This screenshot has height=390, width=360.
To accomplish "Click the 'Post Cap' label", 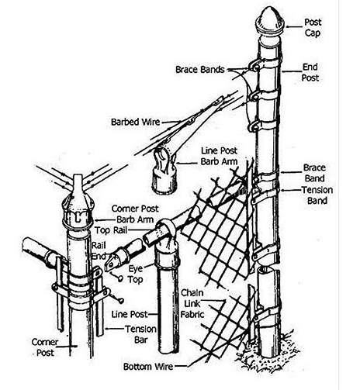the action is (313, 27).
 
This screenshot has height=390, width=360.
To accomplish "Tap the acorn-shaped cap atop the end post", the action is (269, 21).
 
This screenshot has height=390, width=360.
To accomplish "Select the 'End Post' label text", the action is (310, 72).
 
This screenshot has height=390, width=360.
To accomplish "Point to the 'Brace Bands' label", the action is (200, 69).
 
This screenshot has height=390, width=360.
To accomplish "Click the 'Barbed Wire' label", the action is (135, 122).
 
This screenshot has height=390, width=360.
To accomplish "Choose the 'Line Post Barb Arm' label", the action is (219, 156).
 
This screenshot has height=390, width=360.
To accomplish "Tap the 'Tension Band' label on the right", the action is (317, 195).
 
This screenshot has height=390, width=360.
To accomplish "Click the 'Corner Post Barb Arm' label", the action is (135, 214).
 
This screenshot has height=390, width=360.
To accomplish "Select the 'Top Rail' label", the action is (111, 230).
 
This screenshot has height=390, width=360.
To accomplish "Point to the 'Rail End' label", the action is (99, 250).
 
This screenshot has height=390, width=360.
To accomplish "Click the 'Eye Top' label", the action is (136, 274).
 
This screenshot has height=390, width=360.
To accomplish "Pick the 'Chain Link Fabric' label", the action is (192, 303).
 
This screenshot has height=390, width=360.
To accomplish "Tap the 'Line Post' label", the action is (130, 314).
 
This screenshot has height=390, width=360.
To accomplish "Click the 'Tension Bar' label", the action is (141, 334).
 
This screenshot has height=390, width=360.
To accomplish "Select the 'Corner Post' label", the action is (45, 347).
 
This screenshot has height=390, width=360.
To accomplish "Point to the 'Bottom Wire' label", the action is (148, 367).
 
